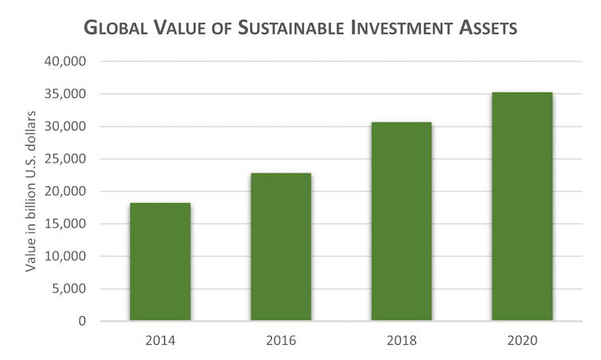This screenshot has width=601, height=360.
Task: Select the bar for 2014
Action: tap(160, 262)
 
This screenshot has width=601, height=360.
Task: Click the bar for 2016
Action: tap(281, 247)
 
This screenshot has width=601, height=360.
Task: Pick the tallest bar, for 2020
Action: tap(521, 206)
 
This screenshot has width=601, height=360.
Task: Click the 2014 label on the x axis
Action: tap(160, 341)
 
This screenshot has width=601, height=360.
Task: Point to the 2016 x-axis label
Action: tap(281, 341)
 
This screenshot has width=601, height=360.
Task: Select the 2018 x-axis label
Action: tap(401, 341)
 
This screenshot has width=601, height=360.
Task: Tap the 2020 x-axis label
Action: tap(521, 341)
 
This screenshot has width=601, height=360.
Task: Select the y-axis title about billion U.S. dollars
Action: tap(31, 191)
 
